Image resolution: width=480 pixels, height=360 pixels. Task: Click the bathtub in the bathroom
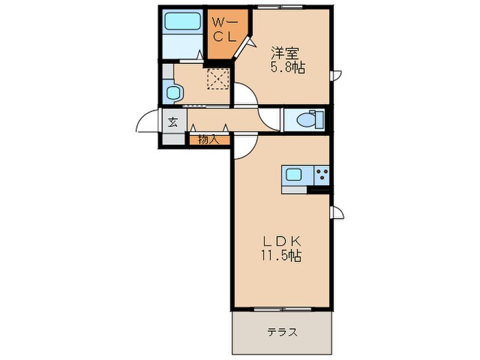(182, 21)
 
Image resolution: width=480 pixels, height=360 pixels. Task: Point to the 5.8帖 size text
(287, 67)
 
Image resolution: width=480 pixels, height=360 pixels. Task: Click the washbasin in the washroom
(173, 92)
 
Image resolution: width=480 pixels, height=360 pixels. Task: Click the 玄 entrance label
(173, 123)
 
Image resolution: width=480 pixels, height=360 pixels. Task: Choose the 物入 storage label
(208, 140)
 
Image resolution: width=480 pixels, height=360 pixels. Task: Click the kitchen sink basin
(294, 175)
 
